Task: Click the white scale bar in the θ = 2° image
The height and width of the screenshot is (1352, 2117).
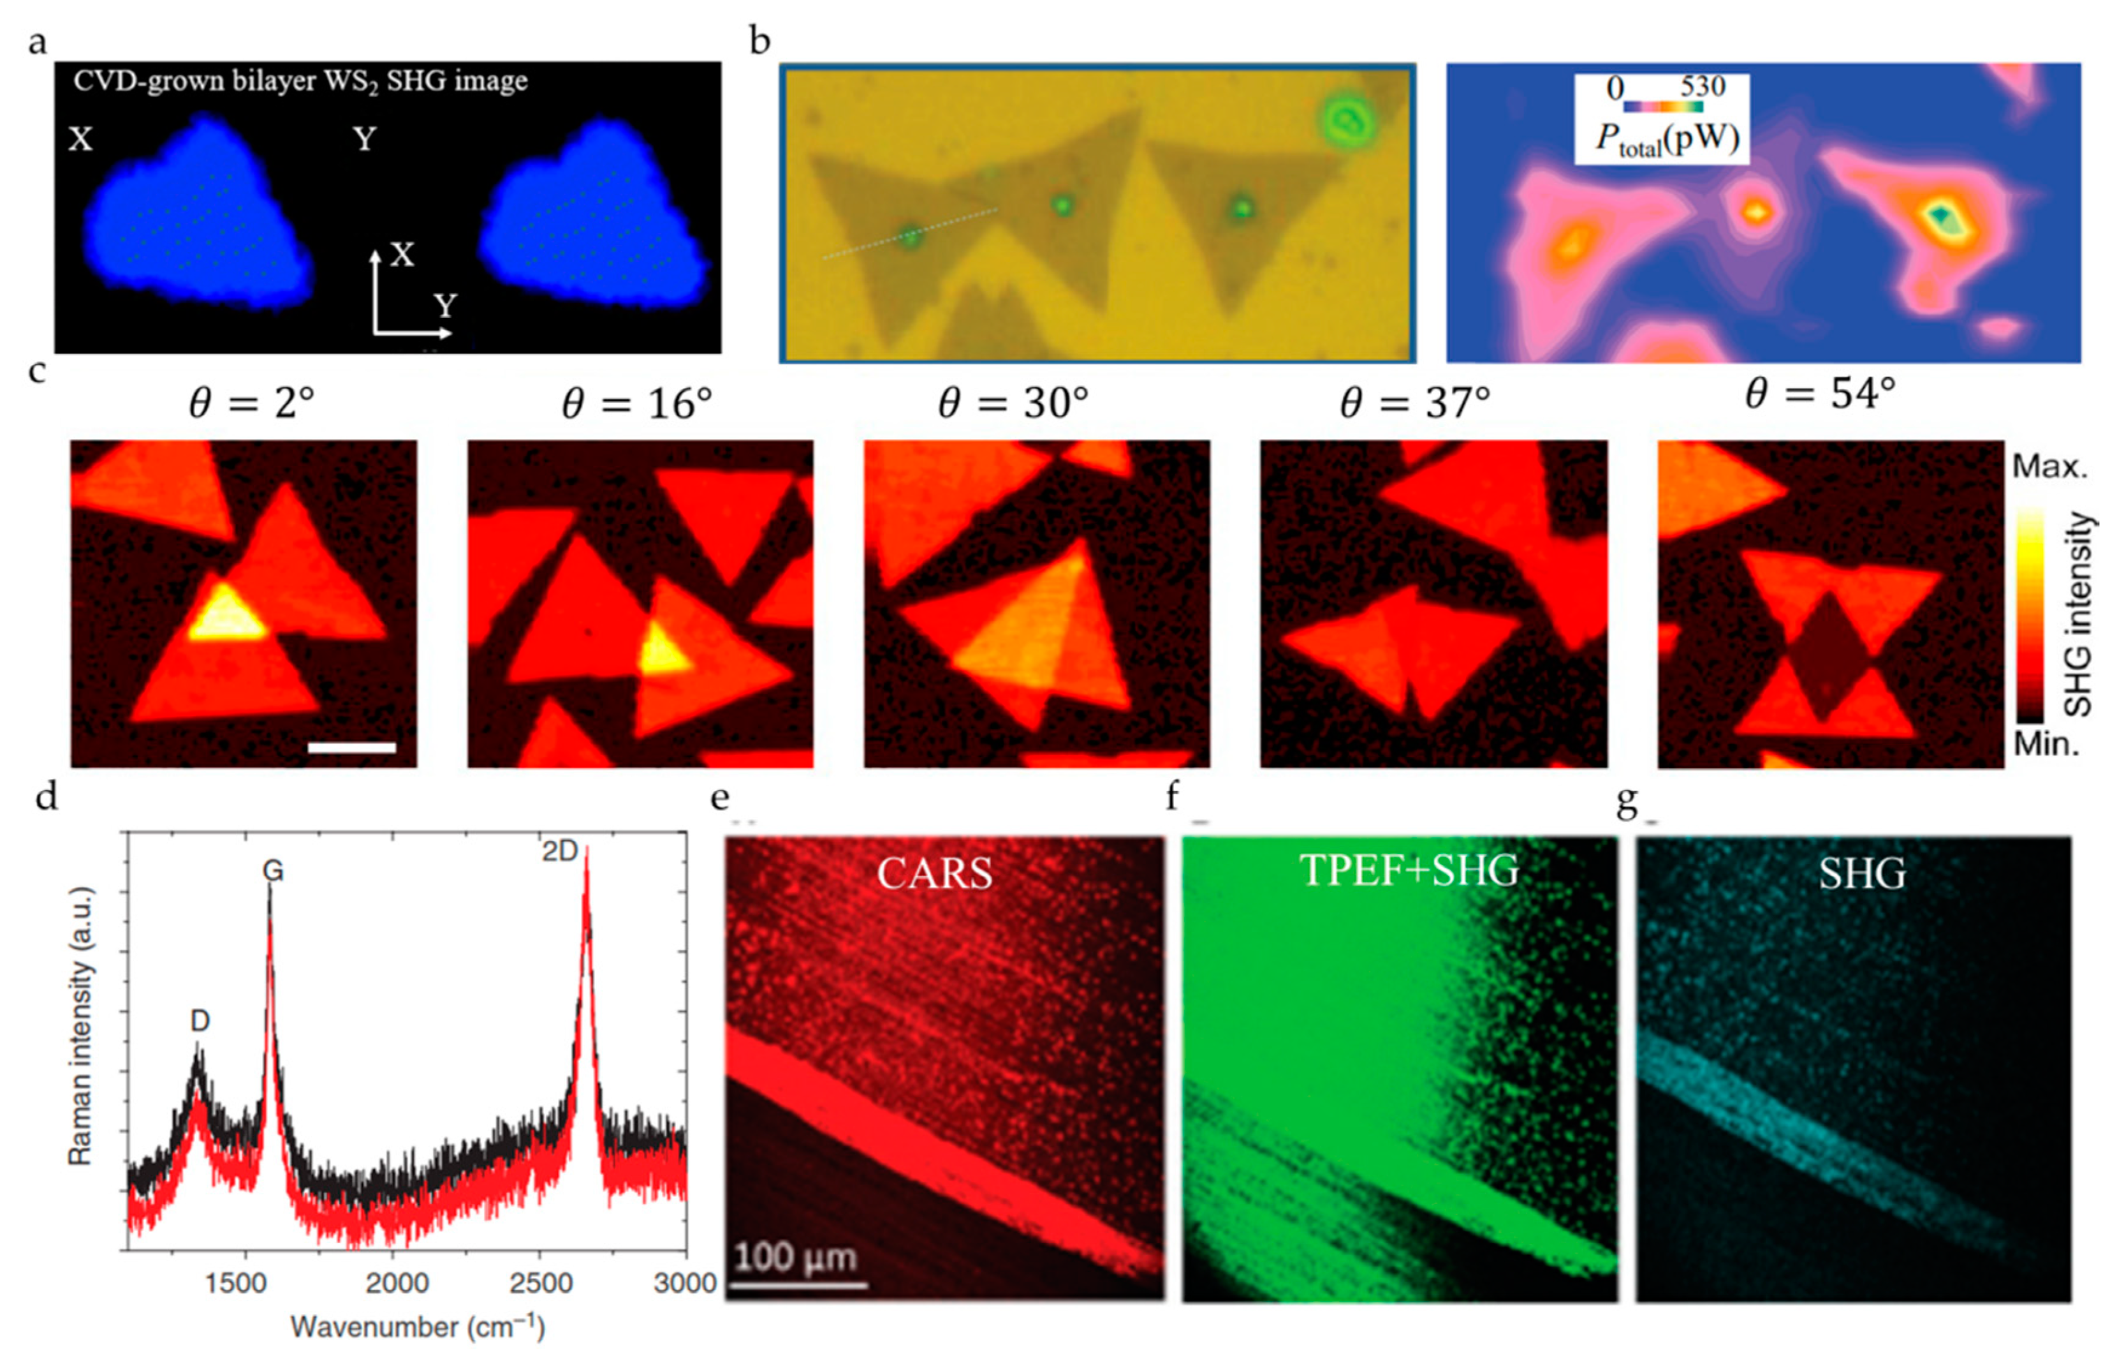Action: tap(351, 748)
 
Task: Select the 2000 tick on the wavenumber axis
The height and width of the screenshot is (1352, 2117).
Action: tap(397, 1282)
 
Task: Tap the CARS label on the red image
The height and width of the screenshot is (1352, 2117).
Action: tap(935, 873)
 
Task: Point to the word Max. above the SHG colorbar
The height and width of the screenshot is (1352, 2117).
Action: tap(2049, 466)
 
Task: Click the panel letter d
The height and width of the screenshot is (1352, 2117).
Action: tap(46, 797)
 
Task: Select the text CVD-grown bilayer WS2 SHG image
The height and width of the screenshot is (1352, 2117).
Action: tap(301, 82)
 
